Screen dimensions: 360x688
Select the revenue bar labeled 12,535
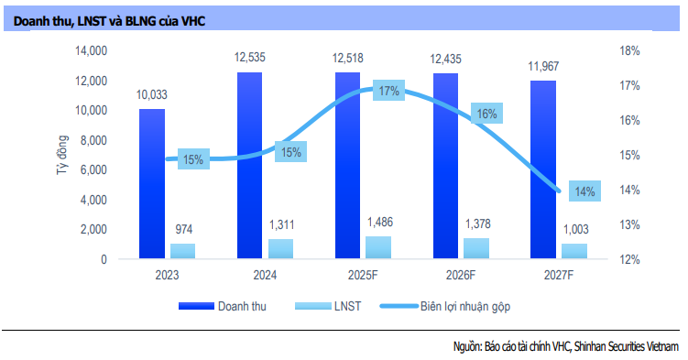click(x=249, y=165)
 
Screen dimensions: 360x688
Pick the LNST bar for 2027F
click(x=573, y=251)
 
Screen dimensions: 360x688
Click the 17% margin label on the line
click(x=388, y=92)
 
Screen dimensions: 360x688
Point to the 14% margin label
click(x=584, y=191)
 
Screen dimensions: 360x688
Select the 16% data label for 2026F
click(x=486, y=115)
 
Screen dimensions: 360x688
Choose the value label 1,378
click(x=475, y=224)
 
